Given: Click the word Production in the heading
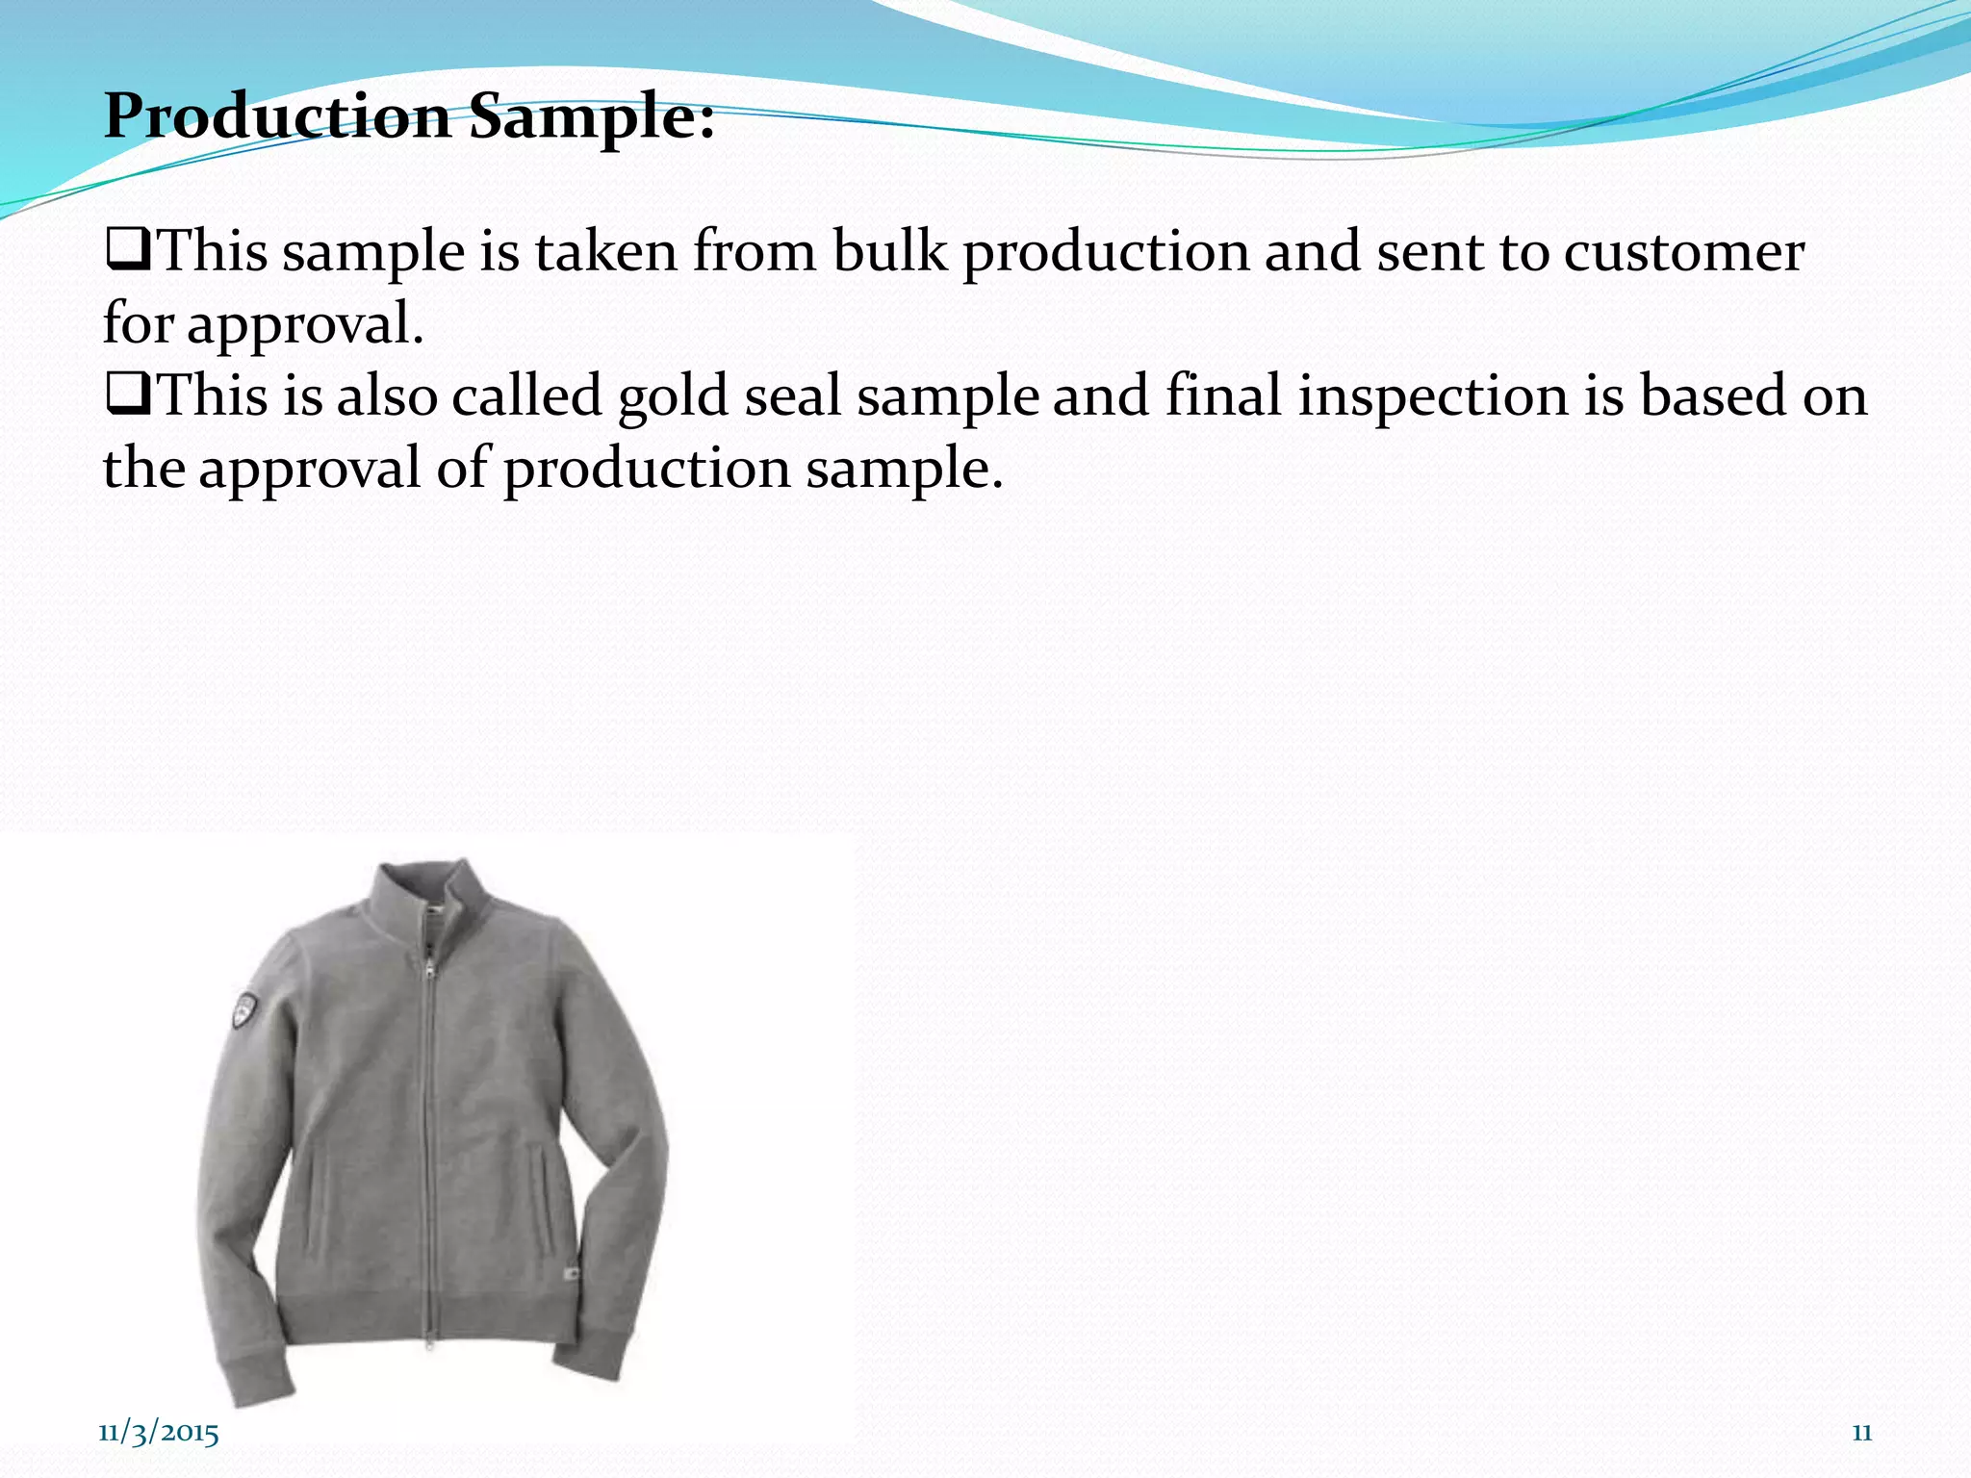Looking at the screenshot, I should [277, 117].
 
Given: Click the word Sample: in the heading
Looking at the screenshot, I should [592, 117].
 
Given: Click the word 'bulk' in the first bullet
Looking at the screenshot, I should [890, 252].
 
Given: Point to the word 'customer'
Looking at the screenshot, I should [1683, 252].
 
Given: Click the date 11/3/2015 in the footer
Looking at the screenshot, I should [159, 1433].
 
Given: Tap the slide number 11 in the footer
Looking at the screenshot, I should [1862, 1433].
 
